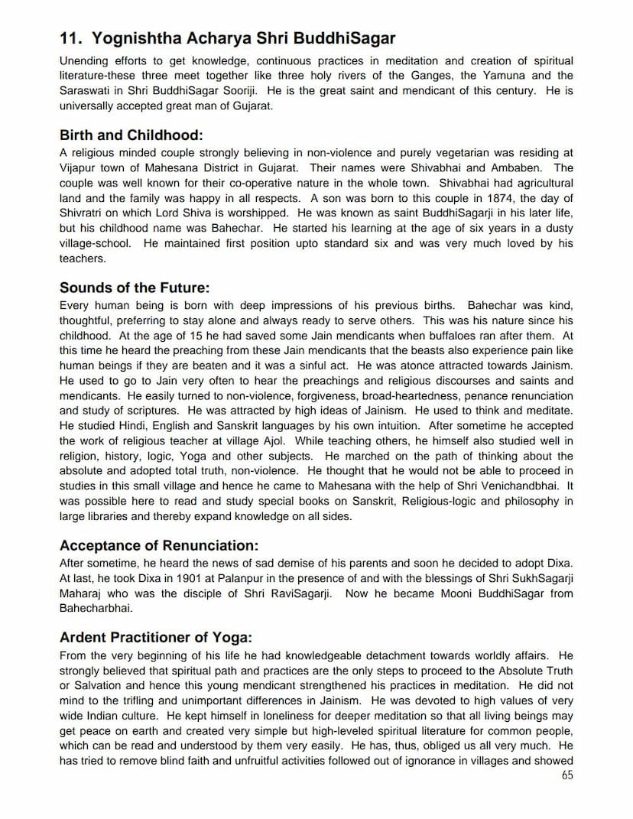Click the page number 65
click(x=566, y=775)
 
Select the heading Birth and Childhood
click(x=131, y=135)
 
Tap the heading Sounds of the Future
click(x=134, y=288)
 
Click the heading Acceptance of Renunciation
click(x=159, y=545)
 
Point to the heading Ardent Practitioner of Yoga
click(x=155, y=638)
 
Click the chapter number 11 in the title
click(x=70, y=38)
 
